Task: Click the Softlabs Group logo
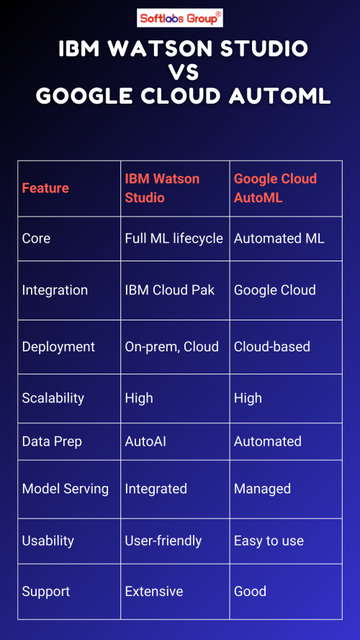180,18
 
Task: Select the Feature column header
45,188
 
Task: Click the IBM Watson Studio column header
162,188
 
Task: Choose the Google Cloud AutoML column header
275,188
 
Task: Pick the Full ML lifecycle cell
174,239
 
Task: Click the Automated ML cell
279,239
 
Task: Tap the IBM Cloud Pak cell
170,290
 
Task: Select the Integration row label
55,291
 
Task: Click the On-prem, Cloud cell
171,347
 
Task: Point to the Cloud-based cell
272,347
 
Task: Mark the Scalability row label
53,398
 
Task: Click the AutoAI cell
145,441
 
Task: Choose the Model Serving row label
66,489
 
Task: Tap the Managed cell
262,489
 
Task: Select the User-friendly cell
163,541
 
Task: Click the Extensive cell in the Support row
154,592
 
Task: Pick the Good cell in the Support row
250,592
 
